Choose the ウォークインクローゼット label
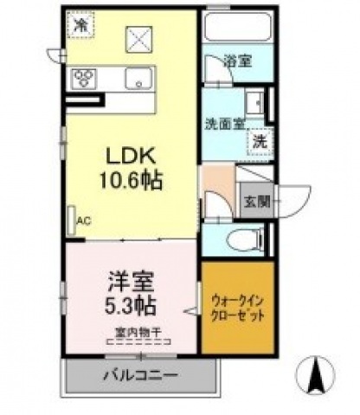click(x=237, y=308)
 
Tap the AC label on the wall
click(x=83, y=220)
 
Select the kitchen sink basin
click(x=138, y=80)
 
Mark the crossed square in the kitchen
click(x=138, y=39)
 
